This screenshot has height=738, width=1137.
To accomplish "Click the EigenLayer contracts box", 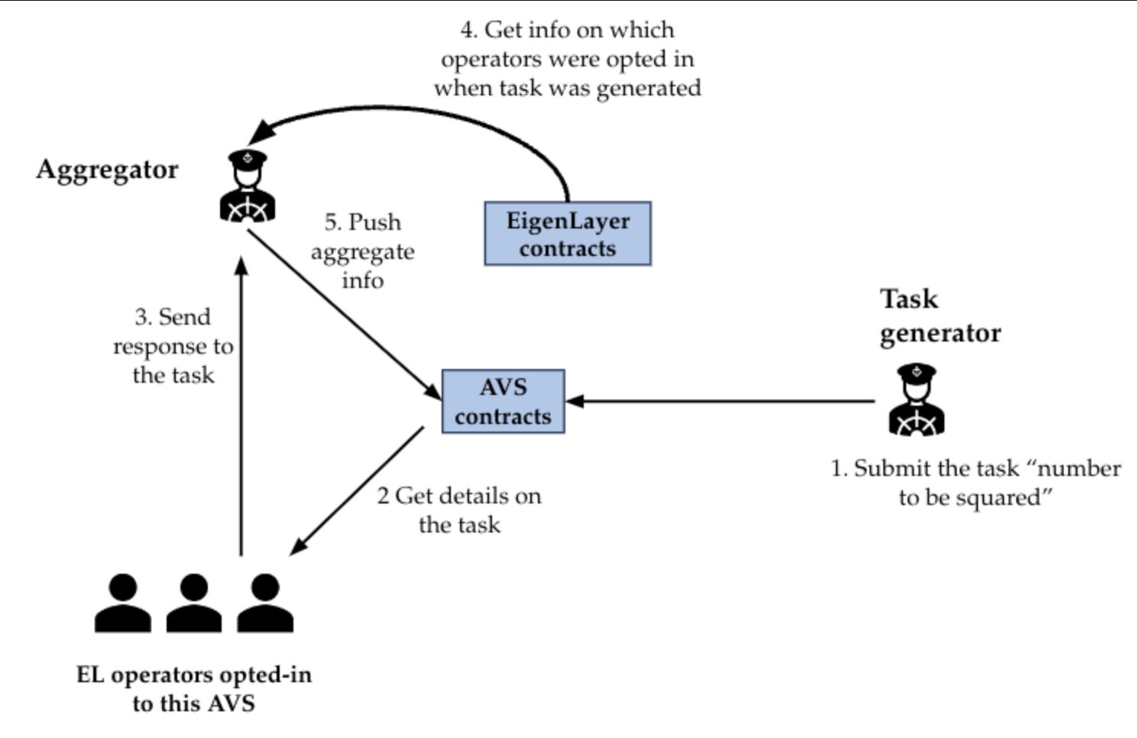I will coord(568,234).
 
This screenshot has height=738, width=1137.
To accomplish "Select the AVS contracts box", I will coord(503,401).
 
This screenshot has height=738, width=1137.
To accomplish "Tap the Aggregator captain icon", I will coord(248,186).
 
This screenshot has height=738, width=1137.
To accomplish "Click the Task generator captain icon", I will coord(916,400).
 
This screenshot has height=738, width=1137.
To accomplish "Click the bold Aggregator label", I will coord(107,169).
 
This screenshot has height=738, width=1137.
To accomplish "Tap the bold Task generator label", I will coord(940,316).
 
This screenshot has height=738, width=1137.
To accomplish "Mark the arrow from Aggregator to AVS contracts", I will coord(344,313).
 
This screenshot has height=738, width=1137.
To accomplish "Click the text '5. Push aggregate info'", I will coord(362,251).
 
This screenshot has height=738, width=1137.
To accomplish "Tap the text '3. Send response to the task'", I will coord(173,346).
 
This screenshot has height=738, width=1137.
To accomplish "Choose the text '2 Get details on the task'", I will coord(459,510).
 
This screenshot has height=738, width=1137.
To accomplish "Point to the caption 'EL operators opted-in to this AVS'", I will coord(193,688).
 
